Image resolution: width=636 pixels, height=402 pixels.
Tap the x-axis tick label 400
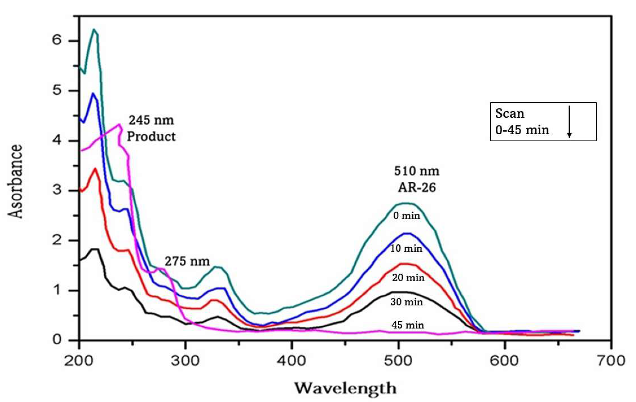click(x=292, y=361)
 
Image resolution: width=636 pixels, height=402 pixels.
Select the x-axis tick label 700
click(x=611, y=361)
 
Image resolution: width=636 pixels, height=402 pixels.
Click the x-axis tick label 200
click(x=79, y=361)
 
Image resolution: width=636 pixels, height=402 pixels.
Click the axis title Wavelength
click(x=345, y=388)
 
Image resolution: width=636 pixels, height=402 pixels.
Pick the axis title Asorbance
click(x=15, y=182)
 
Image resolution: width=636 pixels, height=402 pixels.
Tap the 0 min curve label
click(x=407, y=216)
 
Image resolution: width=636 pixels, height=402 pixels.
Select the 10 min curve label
click(x=406, y=248)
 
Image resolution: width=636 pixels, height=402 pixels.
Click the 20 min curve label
click(x=408, y=278)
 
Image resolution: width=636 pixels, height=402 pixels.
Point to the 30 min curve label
click(x=407, y=302)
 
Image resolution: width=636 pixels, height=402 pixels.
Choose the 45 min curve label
click(x=408, y=325)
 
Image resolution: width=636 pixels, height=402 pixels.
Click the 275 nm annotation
click(x=187, y=261)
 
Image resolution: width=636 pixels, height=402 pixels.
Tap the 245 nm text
click(x=151, y=120)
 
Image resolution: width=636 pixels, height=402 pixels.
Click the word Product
click(x=151, y=136)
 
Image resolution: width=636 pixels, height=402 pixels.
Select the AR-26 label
click(x=417, y=188)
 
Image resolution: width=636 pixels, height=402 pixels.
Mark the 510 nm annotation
click(x=417, y=171)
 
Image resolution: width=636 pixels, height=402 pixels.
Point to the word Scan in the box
click(x=510, y=114)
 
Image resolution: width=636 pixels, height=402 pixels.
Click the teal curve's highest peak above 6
click(x=94, y=29)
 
